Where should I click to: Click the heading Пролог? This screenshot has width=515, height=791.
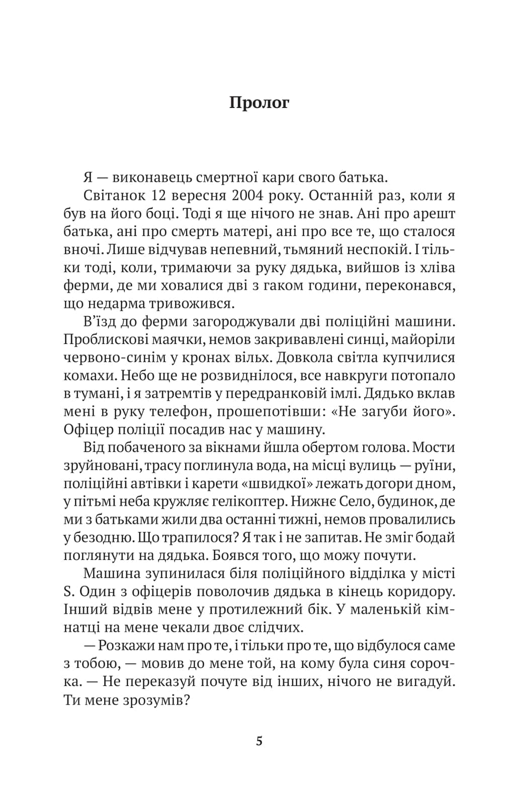(x=259, y=102)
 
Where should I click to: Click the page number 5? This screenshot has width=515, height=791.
(x=259, y=741)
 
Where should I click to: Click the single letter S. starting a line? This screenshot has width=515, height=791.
(x=69, y=591)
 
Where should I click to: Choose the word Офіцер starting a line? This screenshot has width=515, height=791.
(x=88, y=429)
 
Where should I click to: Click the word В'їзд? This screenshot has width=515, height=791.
(x=100, y=321)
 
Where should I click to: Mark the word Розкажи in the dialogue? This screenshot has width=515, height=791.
(x=127, y=645)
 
